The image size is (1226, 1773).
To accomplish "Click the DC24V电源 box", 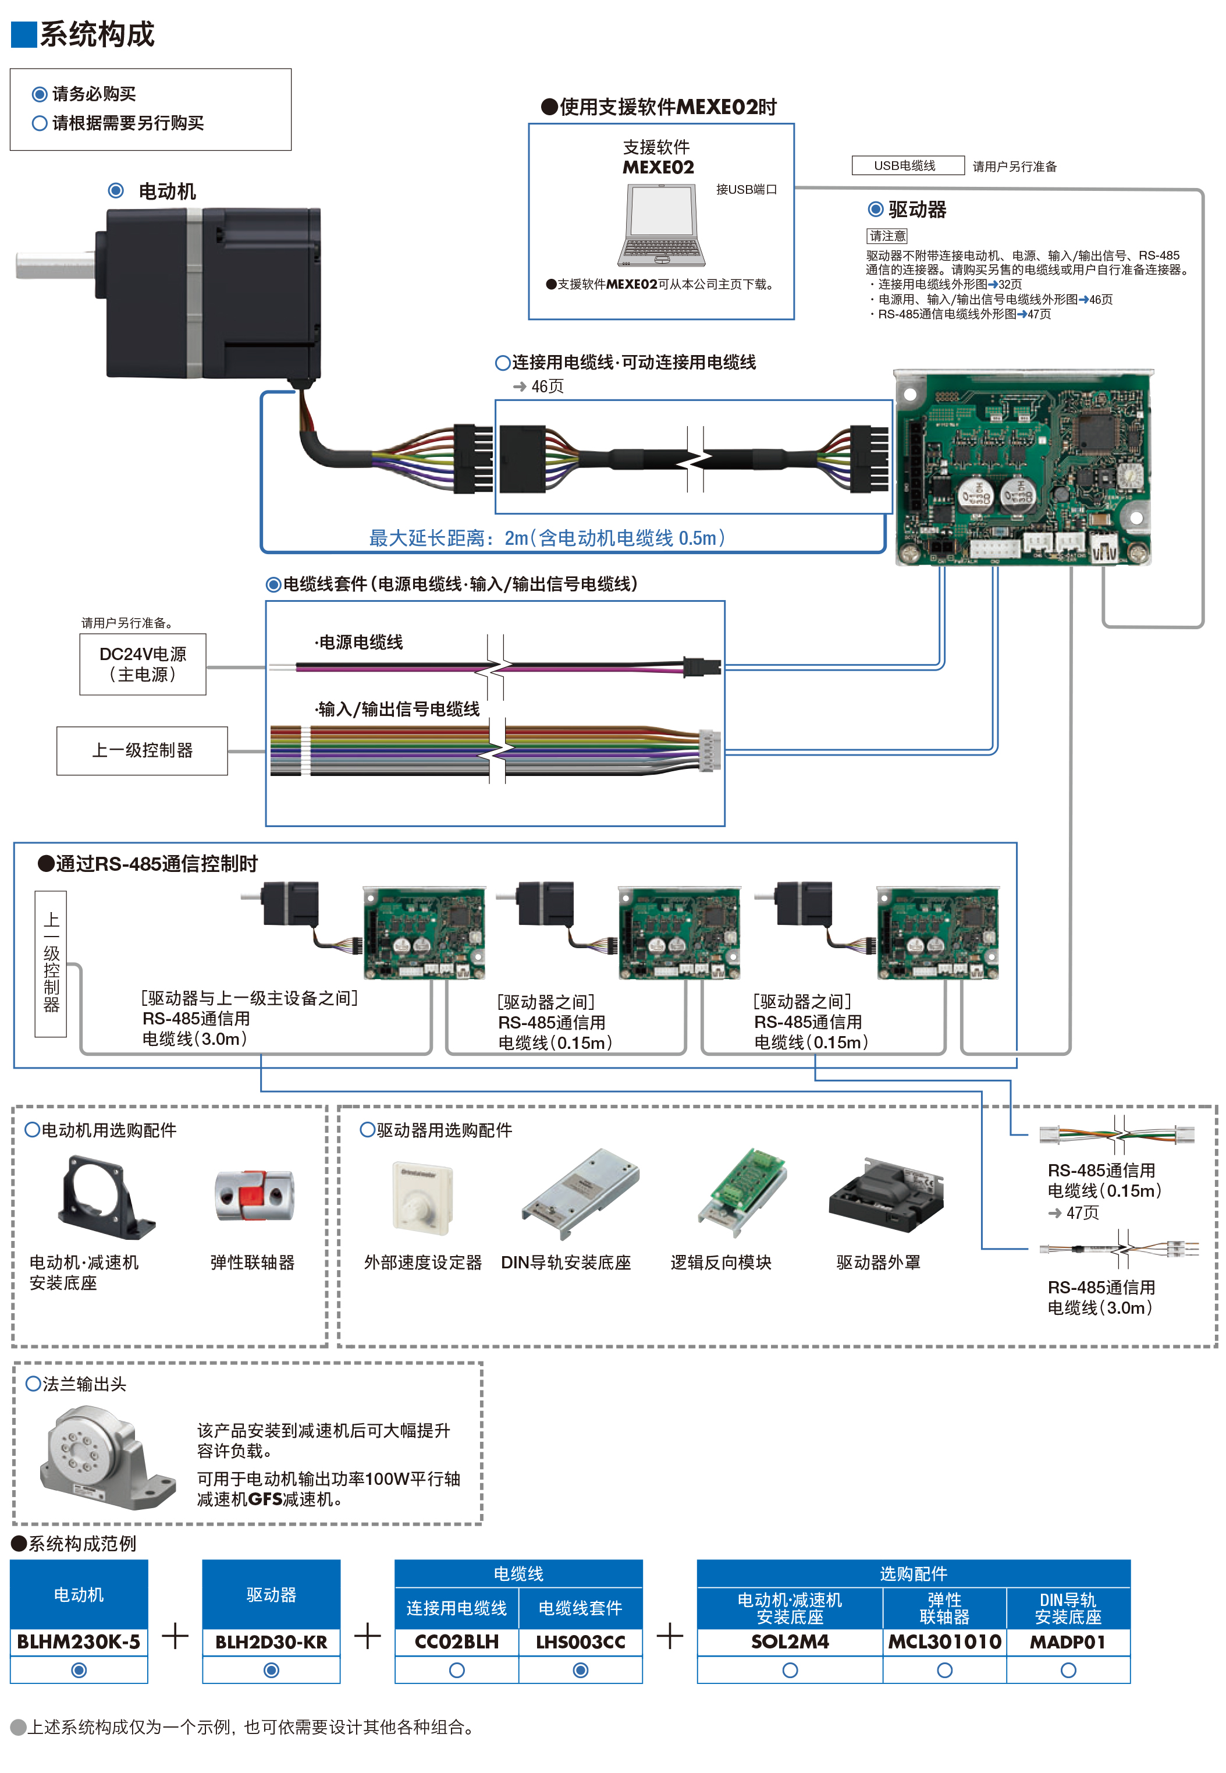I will click(x=143, y=664).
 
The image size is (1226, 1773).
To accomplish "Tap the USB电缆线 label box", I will click(x=907, y=165).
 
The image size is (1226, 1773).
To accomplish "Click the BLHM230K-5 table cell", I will click(x=79, y=1641).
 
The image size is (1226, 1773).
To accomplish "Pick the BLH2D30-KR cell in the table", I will click(x=271, y=1641).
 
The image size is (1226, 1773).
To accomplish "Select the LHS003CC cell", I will click(x=581, y=1641).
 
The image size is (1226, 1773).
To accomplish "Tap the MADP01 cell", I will click(x=1068, y=1641).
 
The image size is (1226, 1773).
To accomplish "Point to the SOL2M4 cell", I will click(x=790, y=1641).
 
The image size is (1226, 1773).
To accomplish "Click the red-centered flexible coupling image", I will click(x=254, y=1196).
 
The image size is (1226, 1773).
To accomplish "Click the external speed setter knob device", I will click(x=422, y=1199).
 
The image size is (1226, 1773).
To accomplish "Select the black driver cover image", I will click(x=886, y=1197).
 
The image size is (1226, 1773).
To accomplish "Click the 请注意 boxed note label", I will click(x=887, y=236).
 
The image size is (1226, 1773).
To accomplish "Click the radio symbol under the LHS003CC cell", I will click(x=581, y=1670).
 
